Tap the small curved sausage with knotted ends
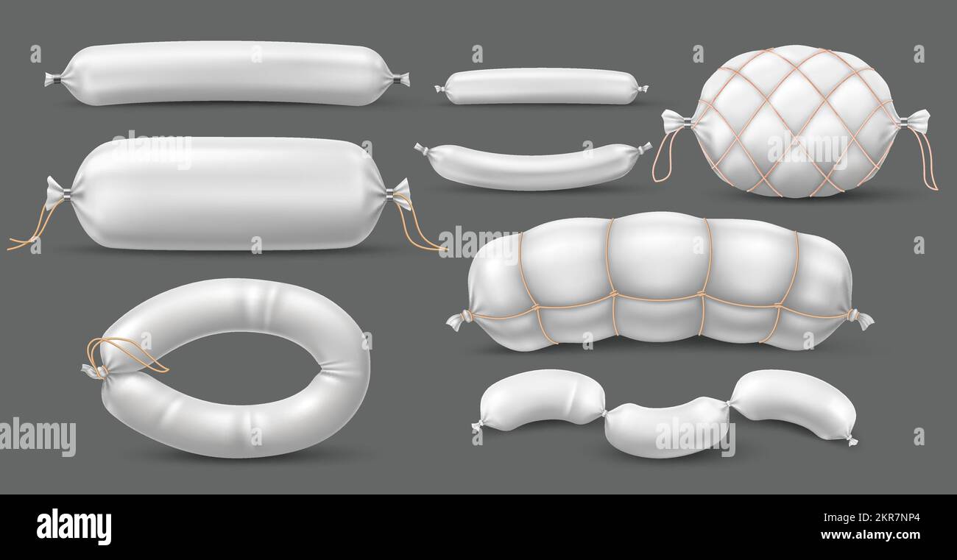click(x=532, y=166)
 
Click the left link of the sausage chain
click(x=541, y=400)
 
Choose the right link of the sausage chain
click(x=794, y=403)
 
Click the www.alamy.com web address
click(x=876, y=536)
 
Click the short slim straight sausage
click(x=541, y=86)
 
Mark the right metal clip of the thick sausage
click(x=389, y=194)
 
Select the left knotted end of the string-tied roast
click(x=459, y=320)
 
